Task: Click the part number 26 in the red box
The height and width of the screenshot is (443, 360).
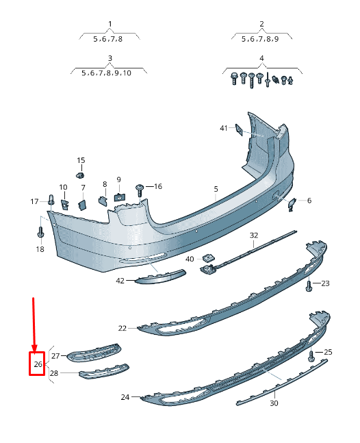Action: click(x=38, y=364)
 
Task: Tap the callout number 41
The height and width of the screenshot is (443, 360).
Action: click(x=223, y=128)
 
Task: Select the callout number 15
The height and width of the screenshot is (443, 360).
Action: click(x=81, y=160)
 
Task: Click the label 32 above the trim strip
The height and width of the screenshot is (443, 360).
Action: click(x=253, y=235)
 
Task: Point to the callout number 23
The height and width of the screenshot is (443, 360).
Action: click(x=325, y=283)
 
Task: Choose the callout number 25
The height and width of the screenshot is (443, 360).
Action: click(x=328, y=352)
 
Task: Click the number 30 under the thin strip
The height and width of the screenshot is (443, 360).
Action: click(x=274, y=403)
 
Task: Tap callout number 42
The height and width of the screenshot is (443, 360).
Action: click(x=120, y=280)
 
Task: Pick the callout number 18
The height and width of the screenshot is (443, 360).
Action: click(x=40, y=249)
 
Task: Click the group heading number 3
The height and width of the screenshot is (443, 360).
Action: click(x=110, y=58)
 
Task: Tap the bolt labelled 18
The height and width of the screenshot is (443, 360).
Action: click(x=40, y=233)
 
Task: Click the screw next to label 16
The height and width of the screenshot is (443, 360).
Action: click(x=140, y=188)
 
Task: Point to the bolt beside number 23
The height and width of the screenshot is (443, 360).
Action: click(x=309, y=285)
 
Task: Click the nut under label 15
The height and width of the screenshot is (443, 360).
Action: click(x=80, y=175)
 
